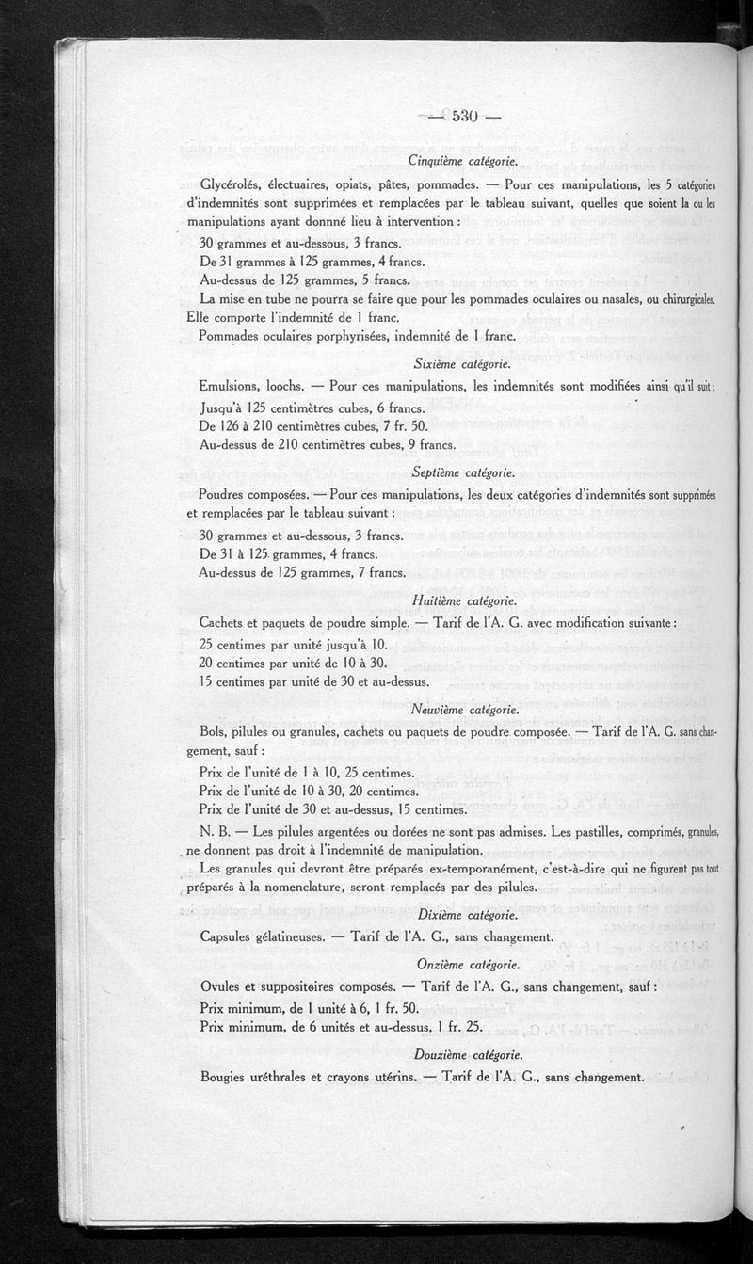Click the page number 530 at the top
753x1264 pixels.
pos(466,117)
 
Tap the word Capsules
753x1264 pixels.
pos(231,936)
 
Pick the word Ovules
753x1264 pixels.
pos(223,985)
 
